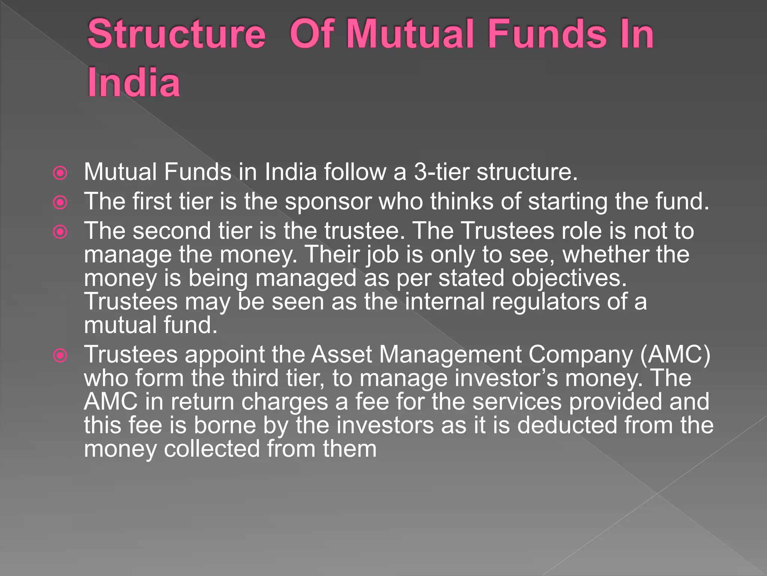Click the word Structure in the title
[176, 35]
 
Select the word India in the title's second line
[134, 83]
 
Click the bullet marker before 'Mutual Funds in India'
[60, 173]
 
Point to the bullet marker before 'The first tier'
[60, 202]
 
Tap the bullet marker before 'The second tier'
[60, 232]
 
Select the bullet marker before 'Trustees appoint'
[60, 355]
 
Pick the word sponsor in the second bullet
[328, 202]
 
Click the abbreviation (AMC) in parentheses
[675, 355]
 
